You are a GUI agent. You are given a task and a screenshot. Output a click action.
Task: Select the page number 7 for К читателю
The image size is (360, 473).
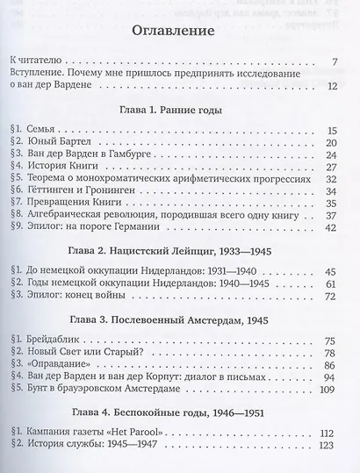[x=335, y=62]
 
